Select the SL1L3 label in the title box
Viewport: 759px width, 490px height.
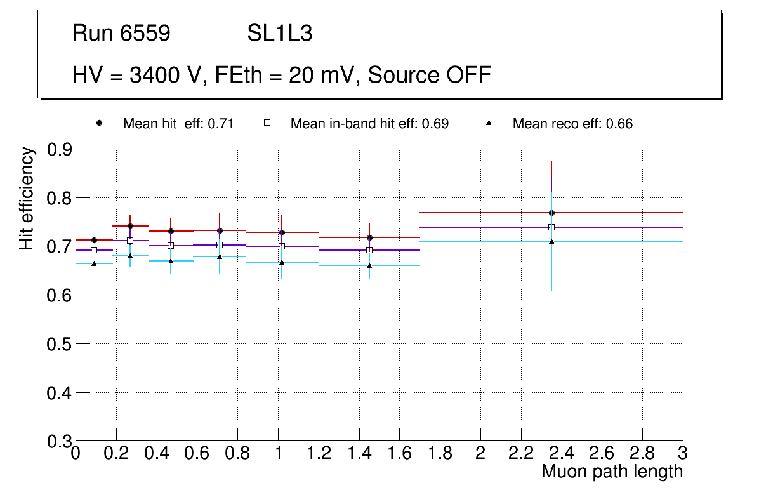(279, 34)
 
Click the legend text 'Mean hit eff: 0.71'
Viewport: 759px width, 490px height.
(178, 124)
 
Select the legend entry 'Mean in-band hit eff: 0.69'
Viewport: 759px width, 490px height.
(369, 124)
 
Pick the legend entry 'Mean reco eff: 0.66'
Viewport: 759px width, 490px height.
(572, 124)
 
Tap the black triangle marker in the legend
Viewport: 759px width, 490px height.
(489, 123)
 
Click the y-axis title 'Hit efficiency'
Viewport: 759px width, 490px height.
(27, 198)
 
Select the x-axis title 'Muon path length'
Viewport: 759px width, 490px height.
(612, 472)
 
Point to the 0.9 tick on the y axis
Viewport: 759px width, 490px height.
(60, 150)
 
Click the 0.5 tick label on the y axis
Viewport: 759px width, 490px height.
(60, 344)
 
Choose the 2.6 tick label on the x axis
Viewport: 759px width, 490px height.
(601, 453)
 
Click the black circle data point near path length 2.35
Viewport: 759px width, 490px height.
(551, 213)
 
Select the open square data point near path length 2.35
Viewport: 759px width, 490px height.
(551, 227)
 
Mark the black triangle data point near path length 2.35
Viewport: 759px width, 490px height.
(551, 241)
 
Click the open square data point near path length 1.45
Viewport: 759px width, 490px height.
(369, 250)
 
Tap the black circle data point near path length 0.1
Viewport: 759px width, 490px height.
(94, 240)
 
